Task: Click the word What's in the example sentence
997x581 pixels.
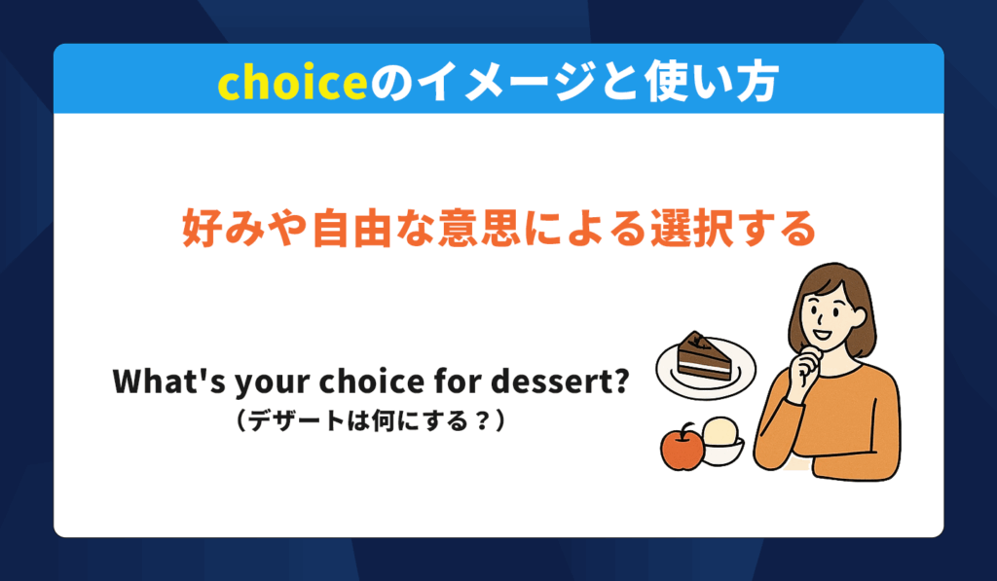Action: click(x=169, y=381)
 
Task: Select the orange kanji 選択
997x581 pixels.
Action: click(x=692, y=228)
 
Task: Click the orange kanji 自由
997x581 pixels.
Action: click(x=351, y=228)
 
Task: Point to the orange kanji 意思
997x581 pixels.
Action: click(x=479, y=228)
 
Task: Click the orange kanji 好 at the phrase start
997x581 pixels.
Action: click(x=203, y=228)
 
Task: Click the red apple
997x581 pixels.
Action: click(x=683, y=448)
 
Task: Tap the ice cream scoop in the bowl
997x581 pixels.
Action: click(x=721, y=432)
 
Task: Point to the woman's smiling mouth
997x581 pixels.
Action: click(x=822, y=334)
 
